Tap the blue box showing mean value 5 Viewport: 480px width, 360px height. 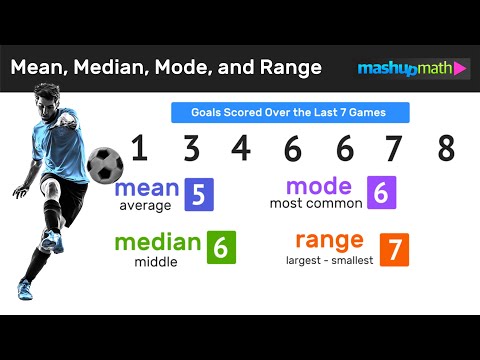(x=198, y=195)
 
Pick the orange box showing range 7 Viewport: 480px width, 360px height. (x=394, y=249)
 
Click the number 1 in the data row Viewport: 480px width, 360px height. (x=140, y=149)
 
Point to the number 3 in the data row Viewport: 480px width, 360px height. (x=191, y=149)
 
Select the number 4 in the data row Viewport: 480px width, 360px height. (x=241, y=149)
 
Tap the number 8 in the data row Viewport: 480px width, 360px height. (x=446, y=149)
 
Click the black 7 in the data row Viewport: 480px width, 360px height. (x=395, y=149)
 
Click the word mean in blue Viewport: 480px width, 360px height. (x=146, y=188)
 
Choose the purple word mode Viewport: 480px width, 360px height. (x=319, y=186)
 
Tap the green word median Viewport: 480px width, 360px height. (x=158, y=242)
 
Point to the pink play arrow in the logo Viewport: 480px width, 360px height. (x=460, y=68)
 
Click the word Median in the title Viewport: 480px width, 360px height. (x=115, y=68)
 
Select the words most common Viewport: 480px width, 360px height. (x=314, y=203)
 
